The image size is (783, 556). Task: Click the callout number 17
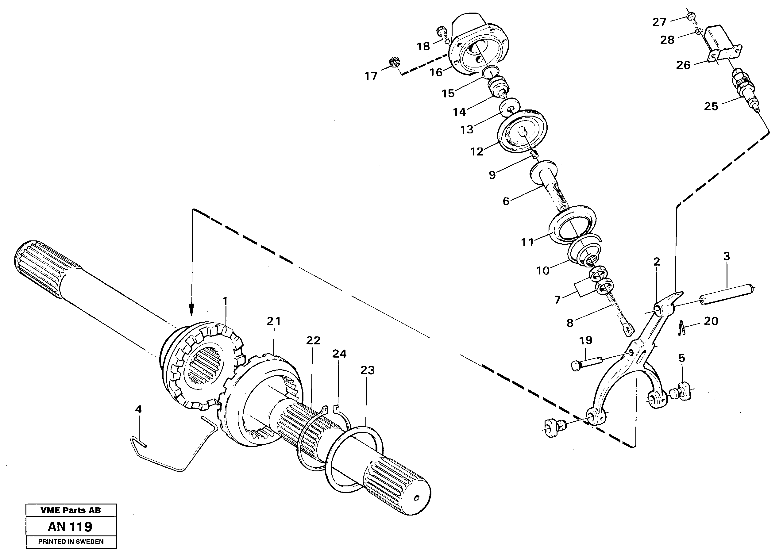click(x=371, y=76)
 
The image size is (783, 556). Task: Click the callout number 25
click(x=711, y=106)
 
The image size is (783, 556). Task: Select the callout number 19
click(x=586, y=340)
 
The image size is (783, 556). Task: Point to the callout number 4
click(x=138, y=409)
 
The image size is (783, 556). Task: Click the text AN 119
click(x=70, y=526)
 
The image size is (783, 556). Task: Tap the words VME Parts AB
click(x=71, y=510)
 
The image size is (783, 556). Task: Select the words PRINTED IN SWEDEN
click(x=71, y=542)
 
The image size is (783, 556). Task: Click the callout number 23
click(x=367, y=370)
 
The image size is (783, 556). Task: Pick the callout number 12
click(x=476, y=151)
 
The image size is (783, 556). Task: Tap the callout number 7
click(x=557, y=300)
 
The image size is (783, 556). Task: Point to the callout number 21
click(x=274, y=321)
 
